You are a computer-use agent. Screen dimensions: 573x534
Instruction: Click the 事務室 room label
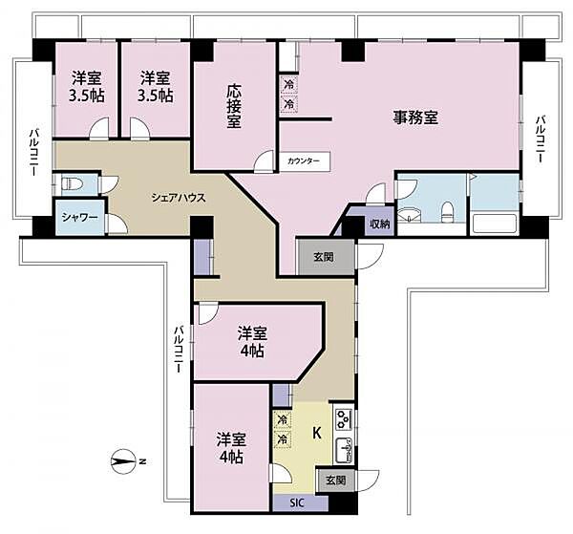415,117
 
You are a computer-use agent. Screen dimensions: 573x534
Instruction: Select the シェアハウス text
179,198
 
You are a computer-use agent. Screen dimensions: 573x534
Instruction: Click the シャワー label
79,218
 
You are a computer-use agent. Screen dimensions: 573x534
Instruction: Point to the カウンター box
304,160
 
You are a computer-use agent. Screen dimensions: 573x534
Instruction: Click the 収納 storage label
380,224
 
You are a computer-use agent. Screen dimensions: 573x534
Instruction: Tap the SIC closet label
297,503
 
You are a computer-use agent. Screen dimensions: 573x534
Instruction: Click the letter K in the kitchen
316,433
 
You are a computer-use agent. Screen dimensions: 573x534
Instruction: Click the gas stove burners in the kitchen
343,418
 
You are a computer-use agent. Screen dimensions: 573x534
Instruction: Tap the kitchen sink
344,450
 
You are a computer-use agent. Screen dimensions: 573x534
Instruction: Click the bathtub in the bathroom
495,224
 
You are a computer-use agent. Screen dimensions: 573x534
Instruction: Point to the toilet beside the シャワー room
72,182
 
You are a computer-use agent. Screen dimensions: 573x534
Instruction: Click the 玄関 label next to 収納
324,257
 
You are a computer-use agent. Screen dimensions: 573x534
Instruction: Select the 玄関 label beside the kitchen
335,480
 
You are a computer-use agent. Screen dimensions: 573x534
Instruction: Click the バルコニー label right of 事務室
541,139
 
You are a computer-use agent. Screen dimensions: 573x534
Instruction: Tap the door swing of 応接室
264,160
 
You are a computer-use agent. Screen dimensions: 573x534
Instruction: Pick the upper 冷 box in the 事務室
289,85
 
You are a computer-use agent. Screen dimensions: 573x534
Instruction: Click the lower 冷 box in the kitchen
282,439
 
